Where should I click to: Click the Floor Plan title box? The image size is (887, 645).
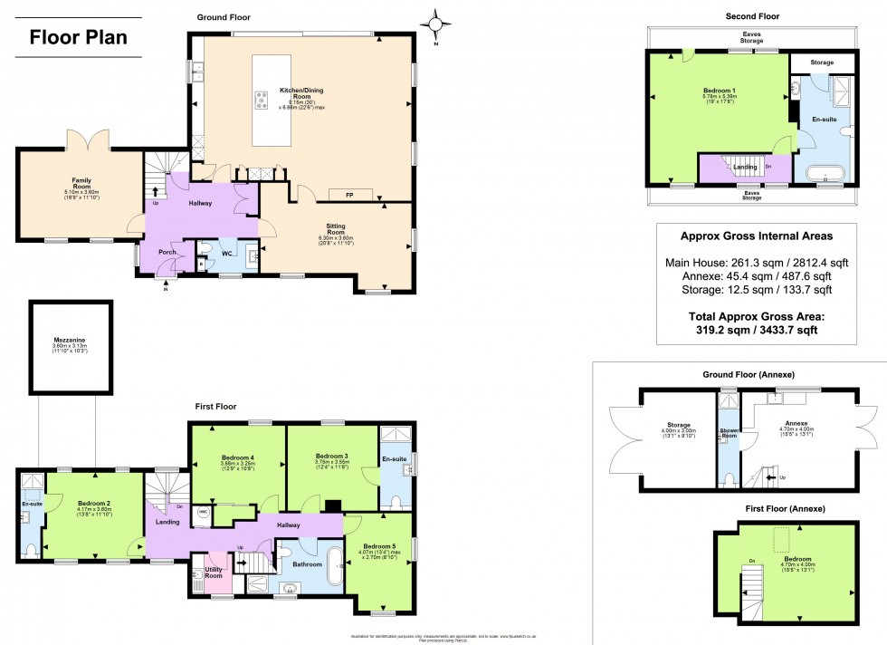[79, 38]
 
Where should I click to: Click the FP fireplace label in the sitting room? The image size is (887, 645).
[348, 195]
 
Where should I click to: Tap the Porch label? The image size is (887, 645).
[167, 253]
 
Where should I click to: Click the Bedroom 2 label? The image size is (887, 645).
[93, 503]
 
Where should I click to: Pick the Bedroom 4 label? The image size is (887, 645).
[238, 457]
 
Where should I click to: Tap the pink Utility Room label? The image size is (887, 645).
[214, 573]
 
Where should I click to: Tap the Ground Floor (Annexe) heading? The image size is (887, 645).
[748, 374]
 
